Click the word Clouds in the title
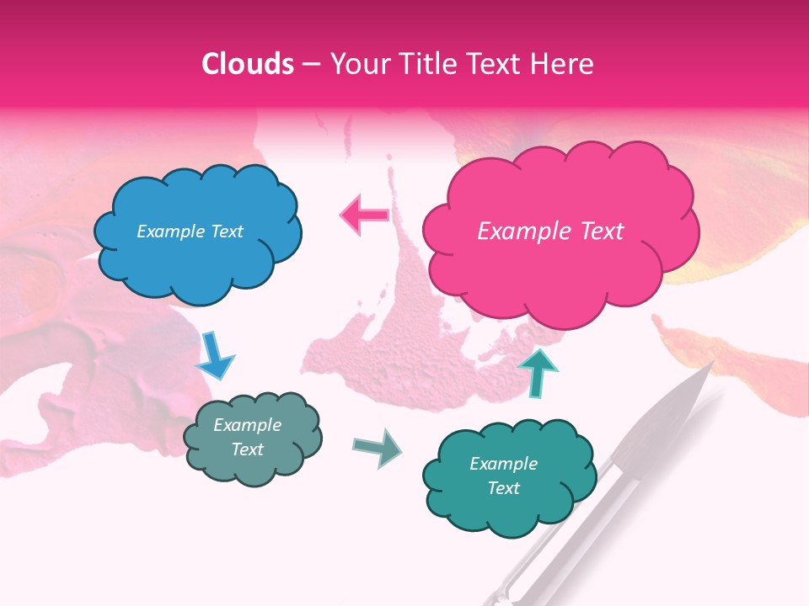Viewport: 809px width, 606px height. point(248,64)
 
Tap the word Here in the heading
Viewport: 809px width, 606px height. point(562,64)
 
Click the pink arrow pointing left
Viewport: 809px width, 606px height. point(364,215)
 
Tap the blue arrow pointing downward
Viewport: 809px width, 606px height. point(214,355)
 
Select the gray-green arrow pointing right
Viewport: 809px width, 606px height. point(378,448)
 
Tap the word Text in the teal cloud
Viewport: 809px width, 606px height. point(503,488)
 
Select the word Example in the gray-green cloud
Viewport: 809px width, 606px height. point(247,425)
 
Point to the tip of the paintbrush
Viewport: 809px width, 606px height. point(712,363)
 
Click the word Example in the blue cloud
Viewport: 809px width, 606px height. point(169,231)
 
